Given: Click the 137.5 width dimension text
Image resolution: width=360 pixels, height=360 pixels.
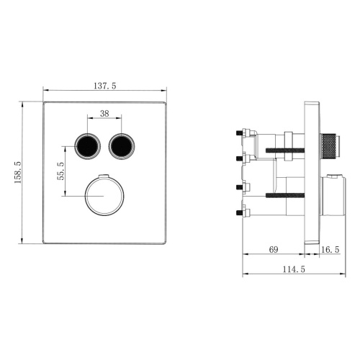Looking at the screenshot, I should click(x=105, y=86).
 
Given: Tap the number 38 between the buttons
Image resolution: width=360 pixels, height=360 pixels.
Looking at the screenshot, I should click(x=104, y=113).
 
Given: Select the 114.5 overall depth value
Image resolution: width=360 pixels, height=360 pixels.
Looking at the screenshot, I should click(x=293, y=270).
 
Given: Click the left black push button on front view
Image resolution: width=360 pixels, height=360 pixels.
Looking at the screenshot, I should click(x=88, y=146).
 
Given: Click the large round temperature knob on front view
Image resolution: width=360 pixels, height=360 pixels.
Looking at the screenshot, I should click(x=104, y=197).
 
